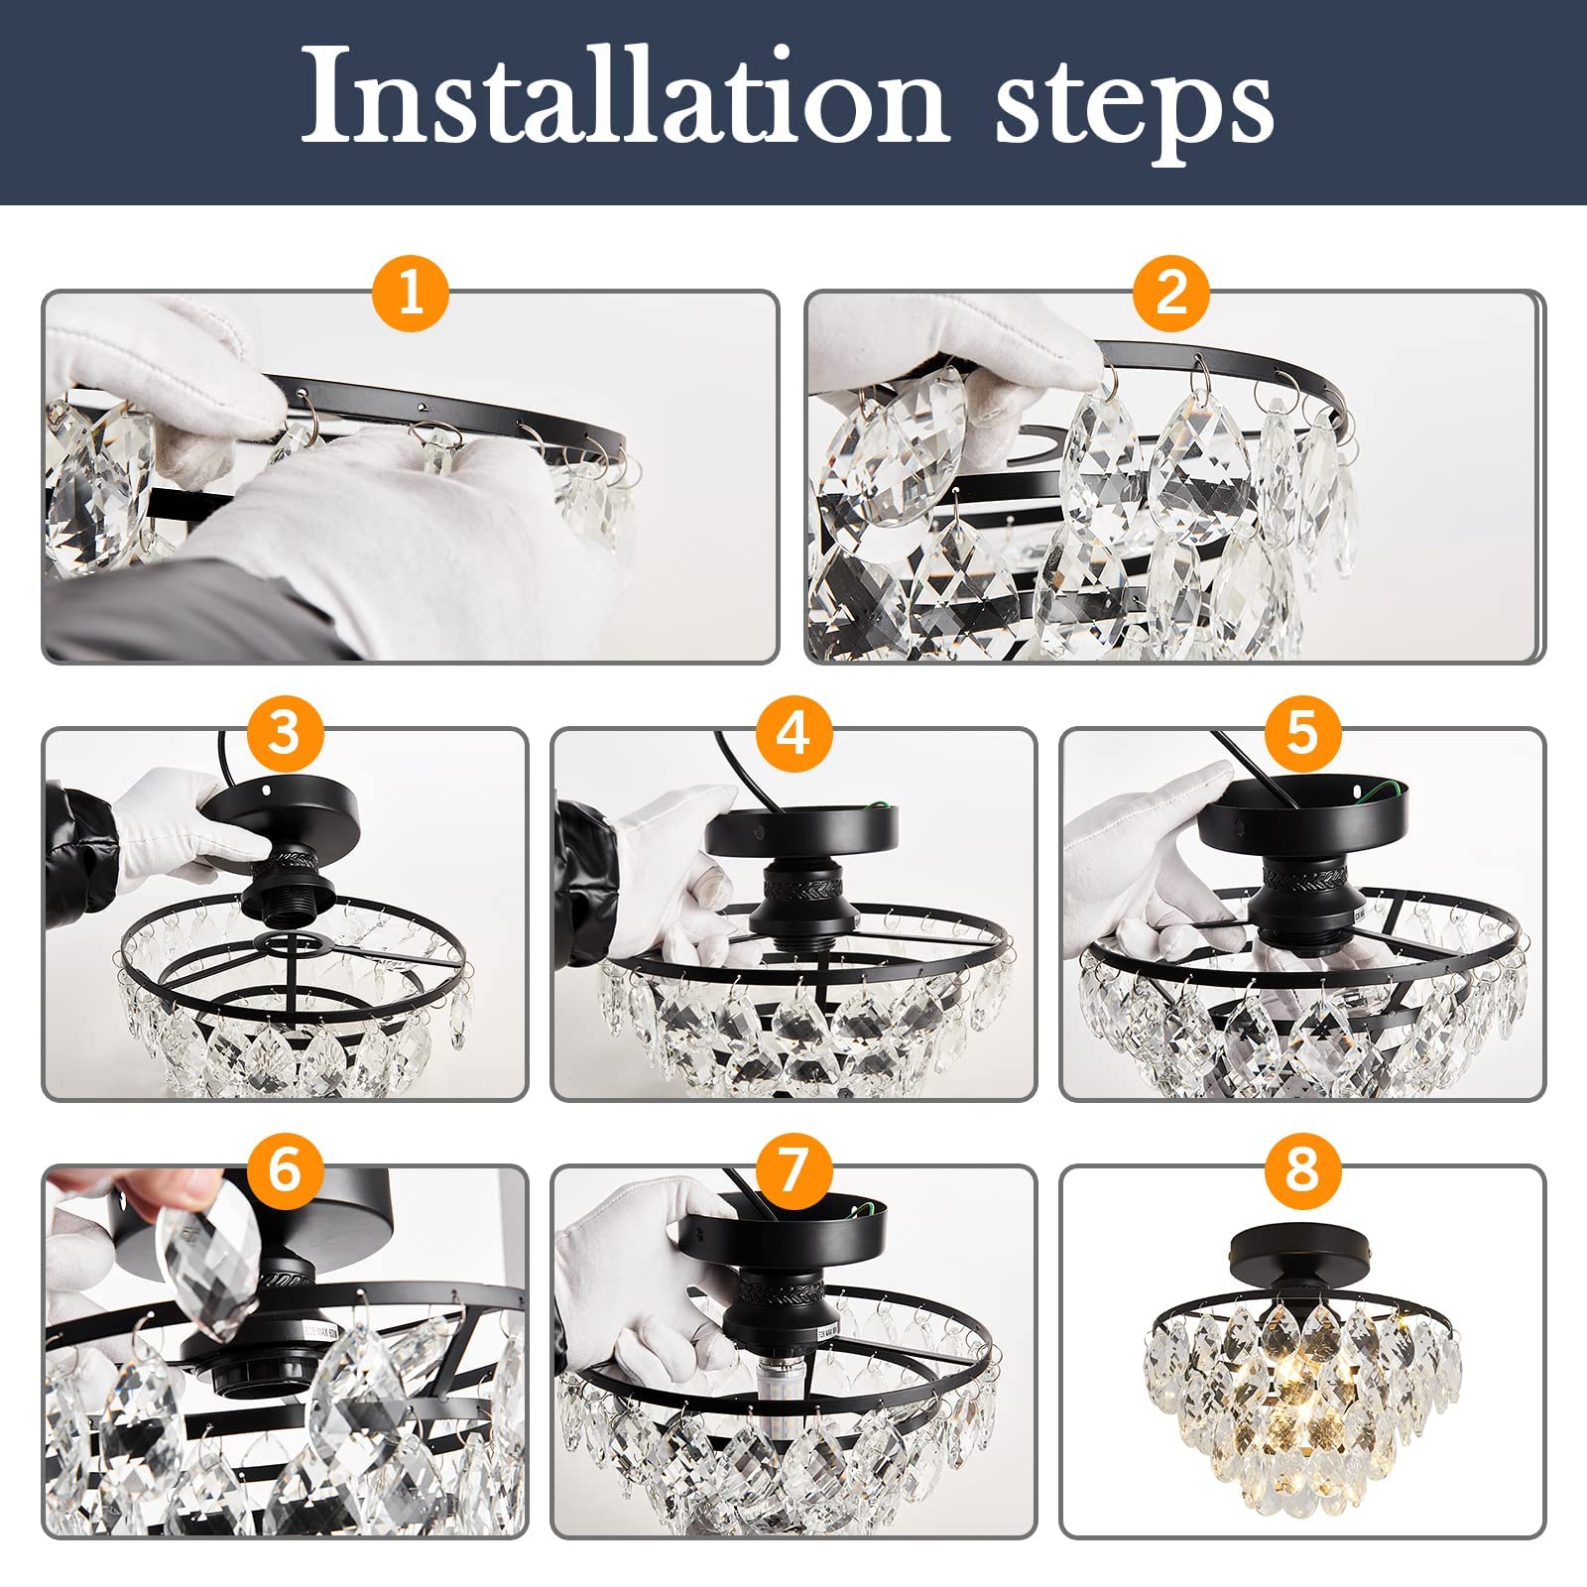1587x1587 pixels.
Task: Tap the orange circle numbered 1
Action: [x=411, y=294]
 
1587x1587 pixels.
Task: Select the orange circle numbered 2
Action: [x=1171, y=294]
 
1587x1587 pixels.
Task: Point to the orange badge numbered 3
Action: [x=284, y=733]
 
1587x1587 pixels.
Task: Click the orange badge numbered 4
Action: [x=793, y=733]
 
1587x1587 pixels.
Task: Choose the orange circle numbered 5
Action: [x=1301, y=733]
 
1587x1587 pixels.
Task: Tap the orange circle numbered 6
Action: [x=284, y=1170]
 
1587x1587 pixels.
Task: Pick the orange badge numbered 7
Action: [x=793, y=1170]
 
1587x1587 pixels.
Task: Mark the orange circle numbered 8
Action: [x=1301, y=1170]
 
